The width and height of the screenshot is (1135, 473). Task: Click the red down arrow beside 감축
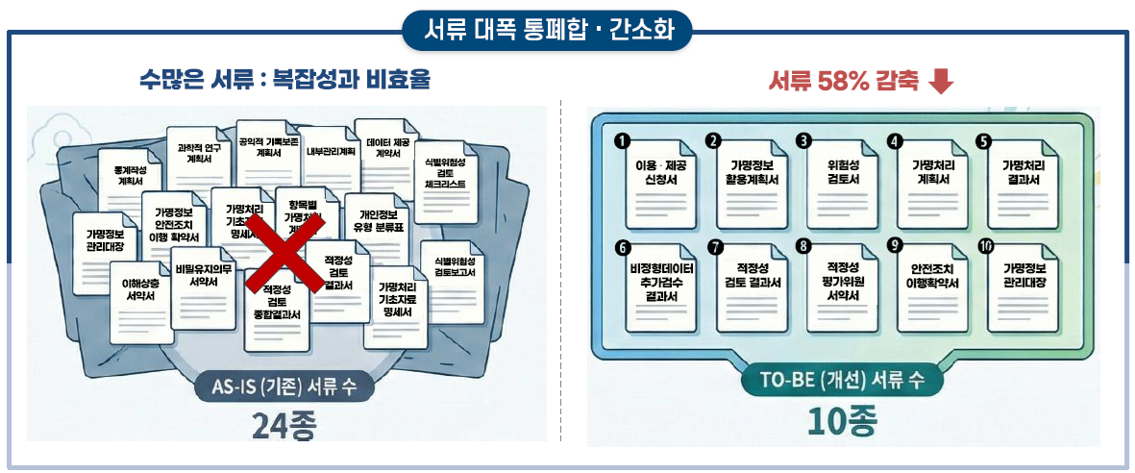pyautogui.click(x=943, y=82)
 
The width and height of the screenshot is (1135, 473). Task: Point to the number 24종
pyautogui.click(x=284, y=424)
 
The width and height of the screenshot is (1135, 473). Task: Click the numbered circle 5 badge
pyautogui.click(x=983, y=141)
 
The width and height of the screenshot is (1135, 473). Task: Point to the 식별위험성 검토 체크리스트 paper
pyautogui.click(x=445, y=178)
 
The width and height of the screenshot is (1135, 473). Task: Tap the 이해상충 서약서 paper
pyautogui.click(x=140, y=293)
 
